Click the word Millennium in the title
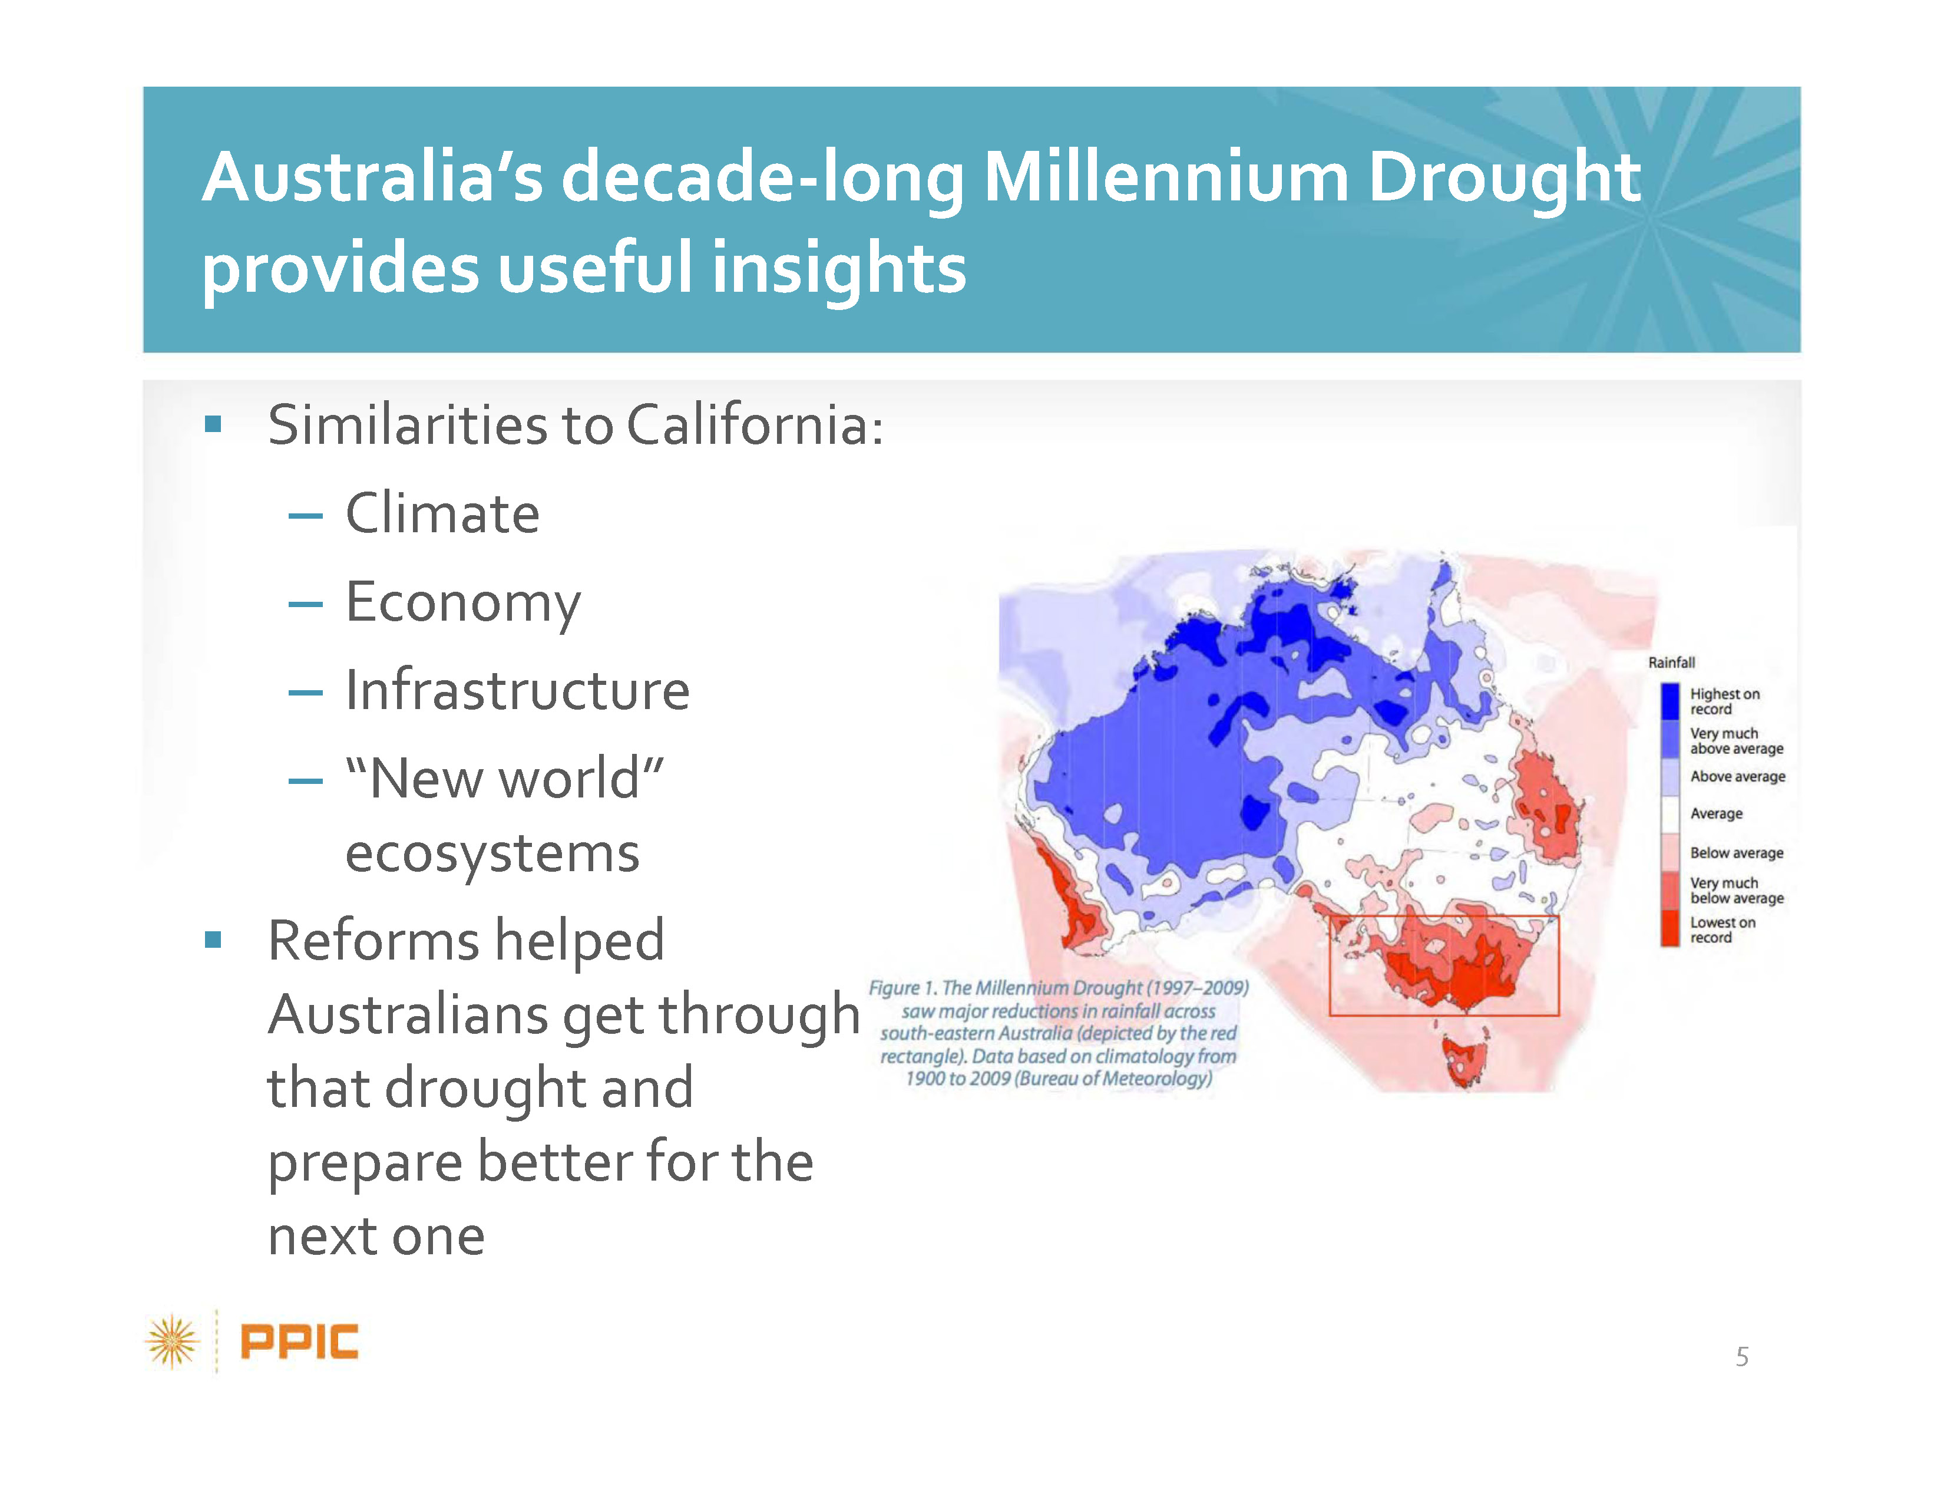click(1166, 177)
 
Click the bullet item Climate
click(442, 514)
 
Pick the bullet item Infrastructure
click(517, 690)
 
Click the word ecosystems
click(492, 855)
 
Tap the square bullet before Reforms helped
click(213, 940)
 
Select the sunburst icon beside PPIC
click(173, 1341)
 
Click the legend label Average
click(1716, 814)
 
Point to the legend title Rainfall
click(1671, 662)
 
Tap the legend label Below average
click(1737, 853)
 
